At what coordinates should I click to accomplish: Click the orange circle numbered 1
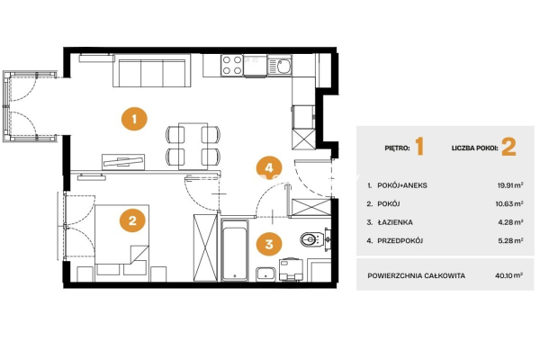click(x=134, y=119)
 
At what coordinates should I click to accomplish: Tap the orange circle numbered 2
click(x=132, y=220)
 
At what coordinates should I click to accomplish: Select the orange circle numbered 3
click(x=269, y=244)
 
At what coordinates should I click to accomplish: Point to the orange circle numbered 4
click(x=269, y=167)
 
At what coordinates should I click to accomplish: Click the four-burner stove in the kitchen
click(x=231, y=66)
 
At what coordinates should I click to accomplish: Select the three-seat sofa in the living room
click(x=152, y=70)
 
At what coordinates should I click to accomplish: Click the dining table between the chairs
click(x=193, y=146)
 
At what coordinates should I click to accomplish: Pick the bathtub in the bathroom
click(x=235, y=250)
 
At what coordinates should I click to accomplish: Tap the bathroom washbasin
click(x=265, y=274)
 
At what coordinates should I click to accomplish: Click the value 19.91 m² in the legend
click(x=510, y=185)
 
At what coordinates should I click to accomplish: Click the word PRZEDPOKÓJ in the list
click(x=400, y=241)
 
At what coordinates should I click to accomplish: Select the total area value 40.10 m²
click(x=508, y=275)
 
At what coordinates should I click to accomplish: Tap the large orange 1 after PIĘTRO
click(x=419, y=147)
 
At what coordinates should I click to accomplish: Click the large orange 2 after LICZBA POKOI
click(x=508, y=147)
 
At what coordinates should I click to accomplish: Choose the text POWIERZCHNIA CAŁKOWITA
click(x=417, y=275)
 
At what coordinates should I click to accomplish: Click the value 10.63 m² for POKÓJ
click(x=509, y=203)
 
